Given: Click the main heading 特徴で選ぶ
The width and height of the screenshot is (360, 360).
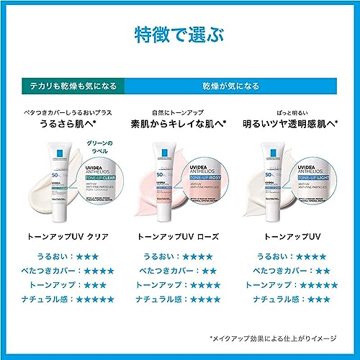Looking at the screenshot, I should click(179, 34).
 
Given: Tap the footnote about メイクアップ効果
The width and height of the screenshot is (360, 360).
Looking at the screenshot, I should click(274, 337).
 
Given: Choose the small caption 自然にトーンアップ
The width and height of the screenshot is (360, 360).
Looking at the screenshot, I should click(178, 112).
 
